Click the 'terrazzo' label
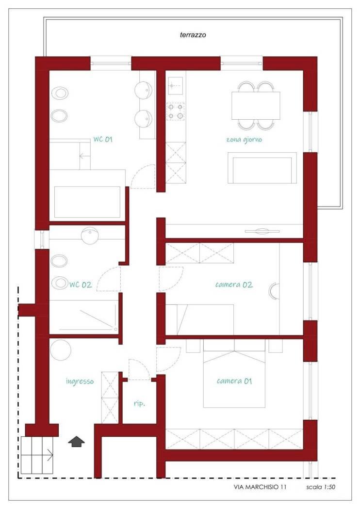point(193,35)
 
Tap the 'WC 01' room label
point(103,139)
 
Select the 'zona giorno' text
point(244,140)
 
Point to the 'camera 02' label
point(234,285)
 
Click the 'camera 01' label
point(234,381)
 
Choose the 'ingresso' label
point(80,381)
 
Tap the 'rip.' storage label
point(139,404)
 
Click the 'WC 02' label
point(81,285)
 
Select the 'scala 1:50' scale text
point(321,487)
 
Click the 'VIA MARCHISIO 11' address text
point(260,487)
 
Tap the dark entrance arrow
point(76,442)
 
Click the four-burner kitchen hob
point(176,111)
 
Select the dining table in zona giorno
point(256,106)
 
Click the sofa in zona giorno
point(262,168)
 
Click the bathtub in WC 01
point(87,202)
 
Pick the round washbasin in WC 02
point(89,236)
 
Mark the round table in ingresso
point(61,351)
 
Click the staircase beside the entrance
point(37,455)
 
